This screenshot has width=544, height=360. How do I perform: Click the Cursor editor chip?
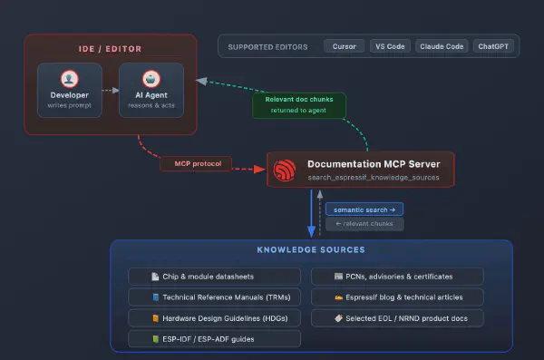coord(345,46)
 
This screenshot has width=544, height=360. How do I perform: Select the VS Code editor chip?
coord(390,46)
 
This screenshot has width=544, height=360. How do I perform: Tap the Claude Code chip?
coord(442,46)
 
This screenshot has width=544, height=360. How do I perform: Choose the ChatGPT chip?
coord(494,46)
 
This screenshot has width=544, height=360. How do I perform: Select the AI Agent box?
coord(151,91)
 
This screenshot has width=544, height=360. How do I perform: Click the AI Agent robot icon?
coord(151,78)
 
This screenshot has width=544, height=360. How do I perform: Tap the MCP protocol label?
coord(196,164)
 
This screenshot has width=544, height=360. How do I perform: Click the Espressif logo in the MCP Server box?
coord(287,169)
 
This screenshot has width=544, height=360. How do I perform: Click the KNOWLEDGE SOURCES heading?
coord(311,250)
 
